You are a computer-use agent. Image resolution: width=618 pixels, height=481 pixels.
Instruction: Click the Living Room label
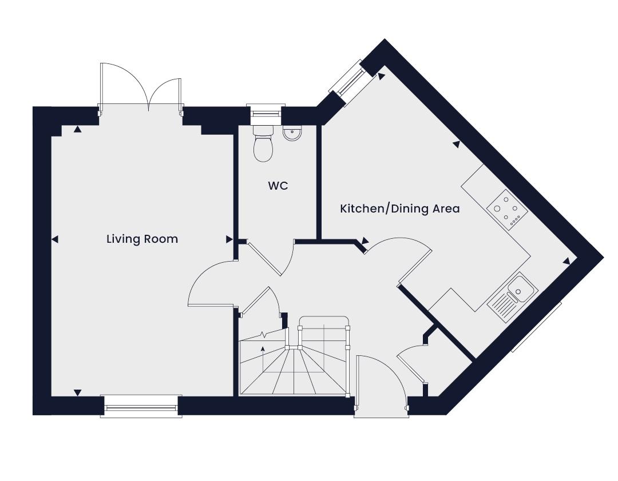pos(142,239)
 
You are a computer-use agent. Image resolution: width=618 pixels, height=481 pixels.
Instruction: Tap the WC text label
pos(278,186)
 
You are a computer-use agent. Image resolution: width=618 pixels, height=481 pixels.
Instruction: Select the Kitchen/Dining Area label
pos(399,208)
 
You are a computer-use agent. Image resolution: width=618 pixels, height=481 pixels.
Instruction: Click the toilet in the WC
pos(263,143)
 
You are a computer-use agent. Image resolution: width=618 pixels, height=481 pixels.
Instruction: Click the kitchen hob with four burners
pos(507,210)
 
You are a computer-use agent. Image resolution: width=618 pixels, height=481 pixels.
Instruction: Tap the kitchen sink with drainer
pos(513,296)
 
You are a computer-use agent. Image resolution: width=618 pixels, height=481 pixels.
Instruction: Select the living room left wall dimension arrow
pos(55,239)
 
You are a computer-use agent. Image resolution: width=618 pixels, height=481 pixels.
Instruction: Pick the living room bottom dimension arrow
pos(78,392)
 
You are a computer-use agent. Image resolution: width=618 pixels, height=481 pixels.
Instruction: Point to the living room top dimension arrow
pos(78,129)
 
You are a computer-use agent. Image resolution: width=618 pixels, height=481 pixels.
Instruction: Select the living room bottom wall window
pos(141,406)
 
